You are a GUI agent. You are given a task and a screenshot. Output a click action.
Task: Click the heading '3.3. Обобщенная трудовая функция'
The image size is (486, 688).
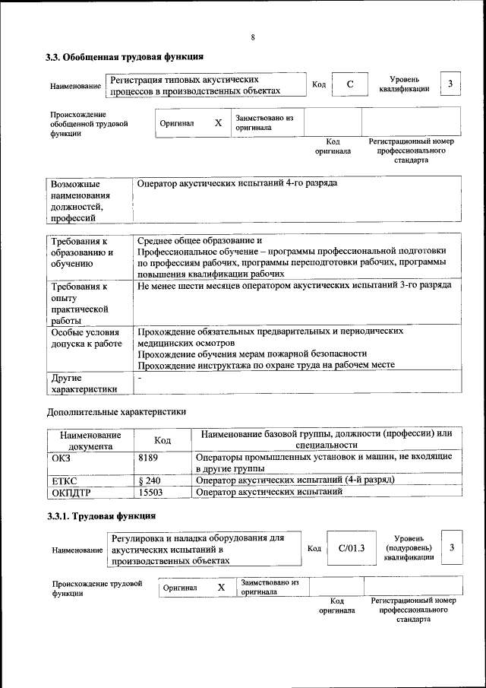pos(124,56)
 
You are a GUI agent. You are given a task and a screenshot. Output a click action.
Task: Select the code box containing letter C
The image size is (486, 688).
pos(350,84)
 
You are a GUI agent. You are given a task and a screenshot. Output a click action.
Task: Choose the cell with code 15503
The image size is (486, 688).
pos(150,492)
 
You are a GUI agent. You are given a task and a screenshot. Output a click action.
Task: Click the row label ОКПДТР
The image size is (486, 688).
pos(70,492)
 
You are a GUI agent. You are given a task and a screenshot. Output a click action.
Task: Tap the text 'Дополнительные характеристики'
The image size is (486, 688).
pos(116,411)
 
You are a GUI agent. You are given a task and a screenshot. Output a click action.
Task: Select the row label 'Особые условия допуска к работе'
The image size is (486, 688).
pos(86,338)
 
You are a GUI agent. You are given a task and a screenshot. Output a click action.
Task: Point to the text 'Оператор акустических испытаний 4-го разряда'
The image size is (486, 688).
pos(238,184)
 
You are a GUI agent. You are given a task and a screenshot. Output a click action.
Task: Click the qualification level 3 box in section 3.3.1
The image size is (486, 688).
pos(452,547)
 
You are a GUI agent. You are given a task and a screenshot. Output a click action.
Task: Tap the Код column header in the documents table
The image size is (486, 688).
pos(163,439)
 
